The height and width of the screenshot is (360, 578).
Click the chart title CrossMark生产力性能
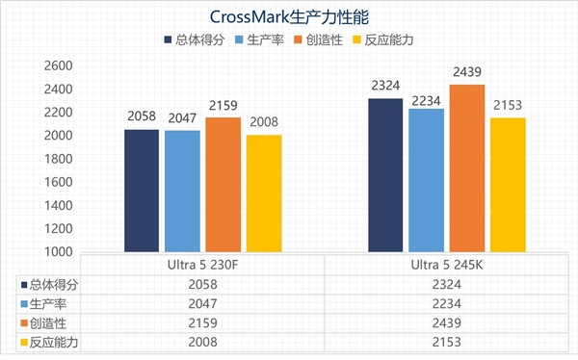(288, 16)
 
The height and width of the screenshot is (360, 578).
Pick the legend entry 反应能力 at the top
(384, 41)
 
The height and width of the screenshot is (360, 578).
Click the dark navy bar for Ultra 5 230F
(141, 191)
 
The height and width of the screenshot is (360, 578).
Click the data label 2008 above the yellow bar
(263, 123)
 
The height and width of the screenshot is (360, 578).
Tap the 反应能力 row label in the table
(54, 342)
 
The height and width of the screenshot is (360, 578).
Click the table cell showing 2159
(201, 322)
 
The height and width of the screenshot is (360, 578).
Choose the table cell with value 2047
(201, 303)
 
